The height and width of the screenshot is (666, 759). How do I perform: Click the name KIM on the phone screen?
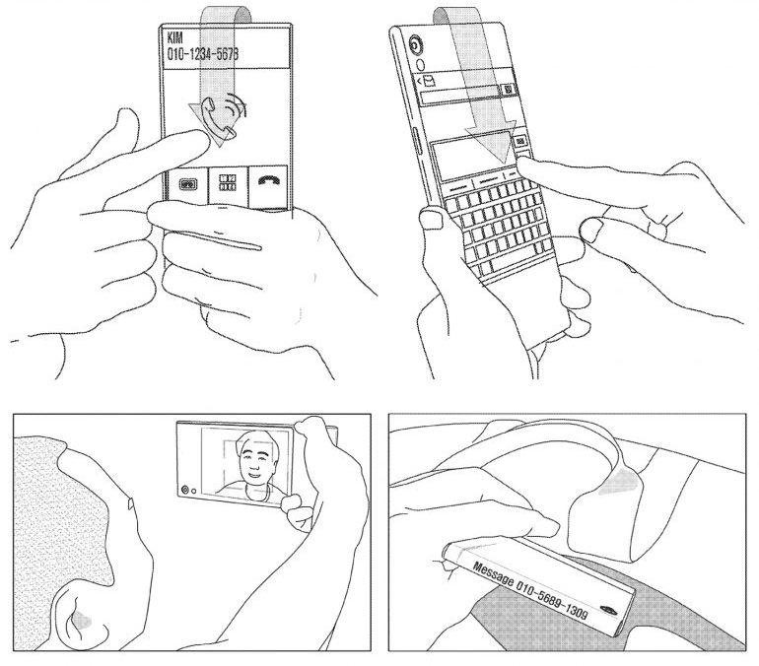[175, 37]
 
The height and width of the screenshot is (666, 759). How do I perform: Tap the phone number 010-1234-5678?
[203, 54]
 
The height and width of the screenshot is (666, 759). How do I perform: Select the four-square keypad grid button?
[228, 184]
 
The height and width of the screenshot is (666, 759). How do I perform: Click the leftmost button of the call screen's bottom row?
[188, 184]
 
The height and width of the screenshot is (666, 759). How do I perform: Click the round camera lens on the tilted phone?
[415, 45]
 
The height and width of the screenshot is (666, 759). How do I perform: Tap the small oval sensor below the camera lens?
[420, 65]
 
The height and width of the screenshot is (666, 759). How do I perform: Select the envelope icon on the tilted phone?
[429, 82]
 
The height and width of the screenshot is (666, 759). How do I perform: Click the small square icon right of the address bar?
[508, 90]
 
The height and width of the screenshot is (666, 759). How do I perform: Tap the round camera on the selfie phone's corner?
[184, 490]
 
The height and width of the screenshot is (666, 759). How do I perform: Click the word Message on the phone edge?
[492, 574]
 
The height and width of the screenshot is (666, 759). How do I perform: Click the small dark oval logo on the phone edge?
[608, 609]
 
